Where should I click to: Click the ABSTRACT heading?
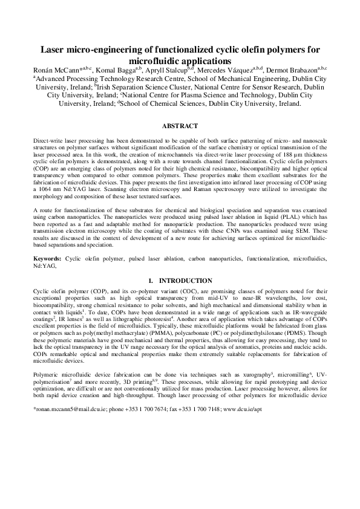pyautogui.click(x=180, y=126)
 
